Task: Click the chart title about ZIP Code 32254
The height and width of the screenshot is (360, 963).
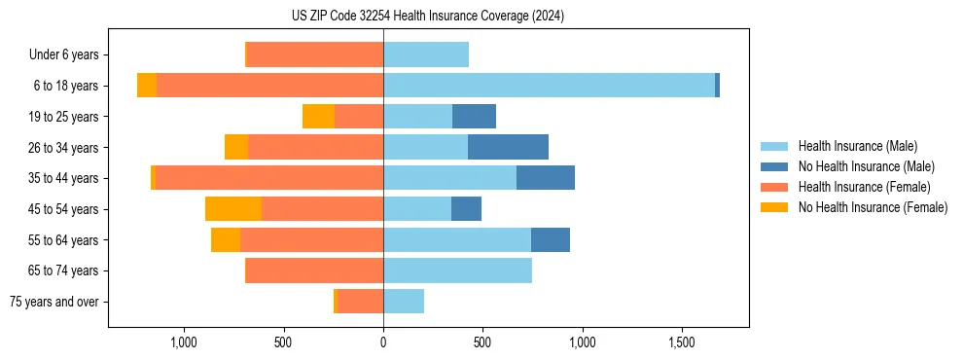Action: coord(428,17)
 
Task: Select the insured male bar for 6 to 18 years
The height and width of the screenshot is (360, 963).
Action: coord(549,86)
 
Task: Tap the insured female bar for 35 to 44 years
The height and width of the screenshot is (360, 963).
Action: coord(268,178)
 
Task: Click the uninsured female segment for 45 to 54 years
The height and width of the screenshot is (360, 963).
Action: coord(233,209)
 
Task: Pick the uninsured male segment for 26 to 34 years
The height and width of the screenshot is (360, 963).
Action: coord(508,147)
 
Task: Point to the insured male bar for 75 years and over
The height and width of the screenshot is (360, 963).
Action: coord(404,302)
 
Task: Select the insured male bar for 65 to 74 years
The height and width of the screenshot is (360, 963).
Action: coord(457,270)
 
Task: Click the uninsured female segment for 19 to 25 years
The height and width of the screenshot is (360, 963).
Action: coord(318,117)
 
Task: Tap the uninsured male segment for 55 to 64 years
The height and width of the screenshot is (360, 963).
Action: coord(551,239)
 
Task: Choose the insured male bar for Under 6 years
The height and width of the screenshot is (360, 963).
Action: coord(426,54)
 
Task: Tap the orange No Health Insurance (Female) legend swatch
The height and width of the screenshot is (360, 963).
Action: coord(774,207)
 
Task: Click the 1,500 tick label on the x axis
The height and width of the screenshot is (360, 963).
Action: coord(682,342)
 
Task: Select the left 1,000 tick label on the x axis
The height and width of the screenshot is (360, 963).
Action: coord(184,342)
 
